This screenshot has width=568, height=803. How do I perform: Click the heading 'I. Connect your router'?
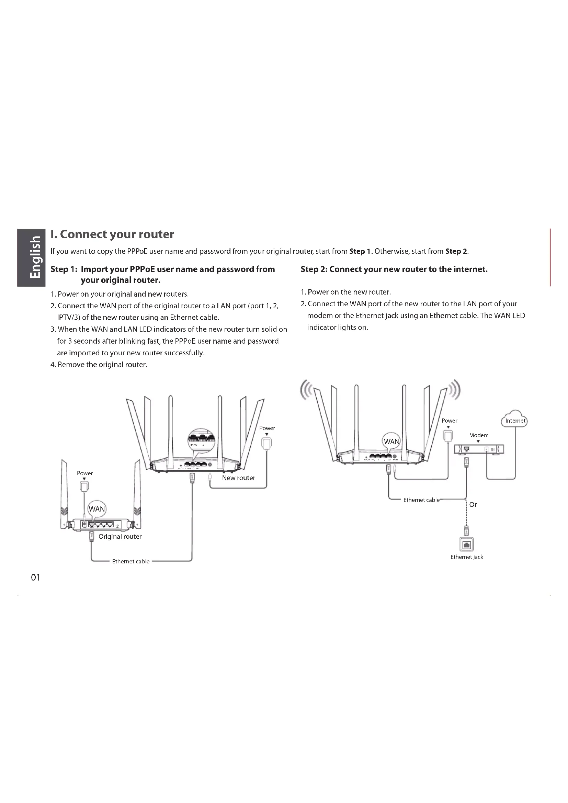click(112, 234)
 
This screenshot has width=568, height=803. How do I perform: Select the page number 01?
click(36, 577)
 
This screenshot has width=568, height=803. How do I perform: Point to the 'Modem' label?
click(479, 435)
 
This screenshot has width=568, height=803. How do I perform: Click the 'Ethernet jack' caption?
click(467, 557)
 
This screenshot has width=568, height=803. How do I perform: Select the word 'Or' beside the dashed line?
click(473, 505)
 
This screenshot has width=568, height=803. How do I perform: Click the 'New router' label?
click(239, 478)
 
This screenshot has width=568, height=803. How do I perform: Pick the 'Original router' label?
click(120, 537)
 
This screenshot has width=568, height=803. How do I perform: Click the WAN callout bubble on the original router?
click(96, 509)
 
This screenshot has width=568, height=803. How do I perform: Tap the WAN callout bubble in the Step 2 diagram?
click(391, 441)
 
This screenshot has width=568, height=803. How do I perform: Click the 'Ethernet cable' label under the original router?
click(131, 561)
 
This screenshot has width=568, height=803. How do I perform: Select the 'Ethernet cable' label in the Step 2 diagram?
click(421, 500)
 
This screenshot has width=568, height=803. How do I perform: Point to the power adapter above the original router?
click(84, 486)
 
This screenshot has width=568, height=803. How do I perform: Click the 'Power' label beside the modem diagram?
click(450, 421)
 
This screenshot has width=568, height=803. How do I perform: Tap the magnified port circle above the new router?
click(202, 439)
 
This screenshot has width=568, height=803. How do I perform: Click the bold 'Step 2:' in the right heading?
click(314, 269)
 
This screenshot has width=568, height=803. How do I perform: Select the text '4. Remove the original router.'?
click(99, 365)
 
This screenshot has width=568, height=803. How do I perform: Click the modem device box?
click(479, 449)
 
